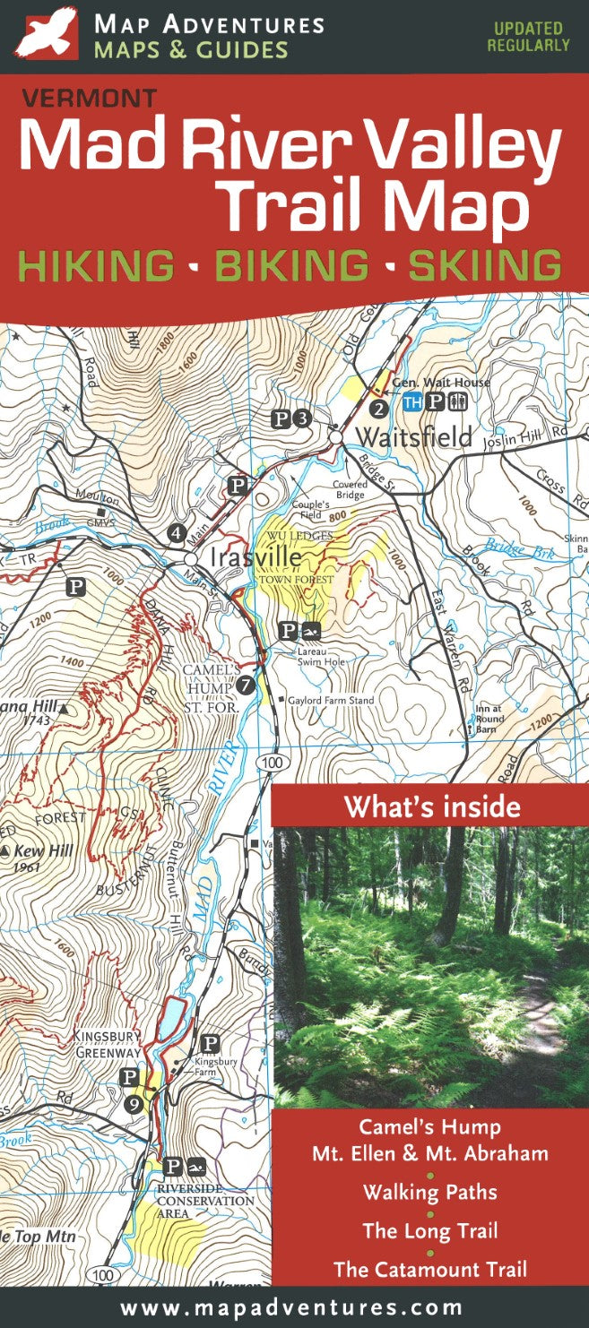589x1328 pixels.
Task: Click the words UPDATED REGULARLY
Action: coord(528,37)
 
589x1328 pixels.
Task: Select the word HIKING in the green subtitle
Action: coord(97,266)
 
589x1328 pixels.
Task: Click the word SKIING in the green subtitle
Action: coord(485,266)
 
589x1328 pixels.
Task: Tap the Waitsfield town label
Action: coord(414,436)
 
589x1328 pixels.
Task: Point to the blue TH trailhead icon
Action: coord(412,402)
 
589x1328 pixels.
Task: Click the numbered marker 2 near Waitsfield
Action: coord(378,410)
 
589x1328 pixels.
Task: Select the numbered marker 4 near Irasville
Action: coord(176,534)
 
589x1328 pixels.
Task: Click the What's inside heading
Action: coord(431,806)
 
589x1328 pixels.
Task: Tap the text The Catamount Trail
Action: coord(430,1268)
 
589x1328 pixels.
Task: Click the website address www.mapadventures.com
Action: coord(292,1308)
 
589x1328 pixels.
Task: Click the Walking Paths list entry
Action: coord(429,1192)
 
